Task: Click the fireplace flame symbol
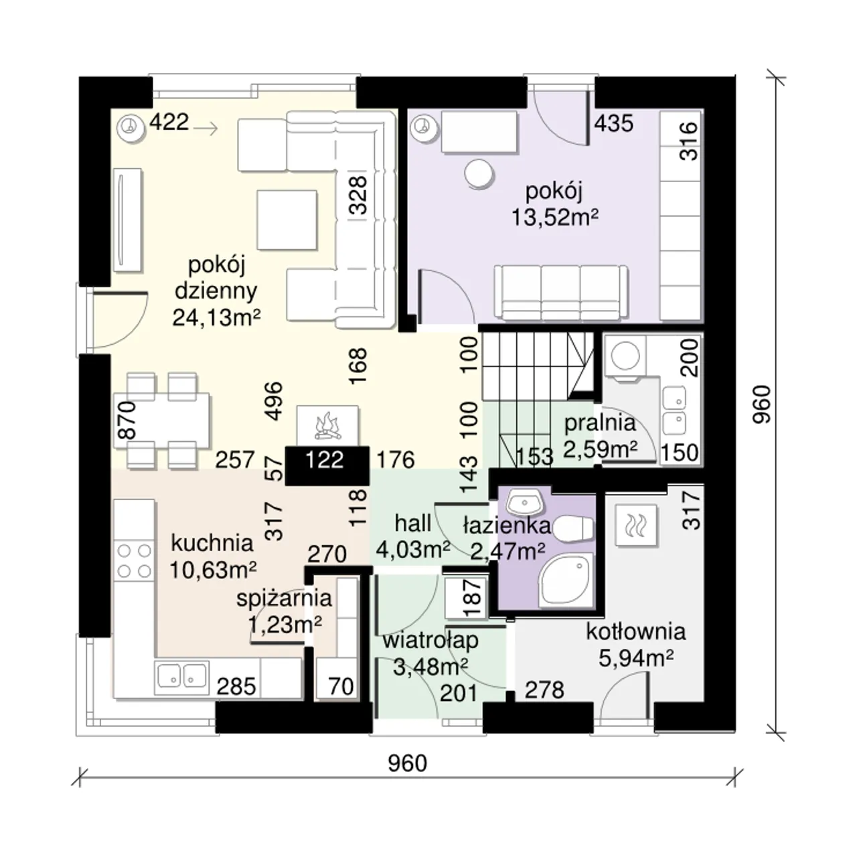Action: click(327, 424)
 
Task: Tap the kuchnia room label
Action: click(212, 543)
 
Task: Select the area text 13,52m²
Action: click(554, 218)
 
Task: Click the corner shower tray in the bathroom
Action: click(566, 580)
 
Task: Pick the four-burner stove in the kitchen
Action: click(134, 560)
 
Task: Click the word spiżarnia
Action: click(284, 598)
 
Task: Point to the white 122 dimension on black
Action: click(325, 460)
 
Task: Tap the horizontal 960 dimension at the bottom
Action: click(407, 764)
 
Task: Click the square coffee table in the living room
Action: click(287, 220)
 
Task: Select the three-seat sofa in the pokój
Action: click(561, 293)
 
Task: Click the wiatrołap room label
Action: click(431, 641)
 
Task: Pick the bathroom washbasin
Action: click(526, 502)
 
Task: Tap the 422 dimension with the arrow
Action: click(183, 123)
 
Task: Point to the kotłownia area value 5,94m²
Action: click(635, 658)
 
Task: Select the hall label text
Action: click(413, 524)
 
